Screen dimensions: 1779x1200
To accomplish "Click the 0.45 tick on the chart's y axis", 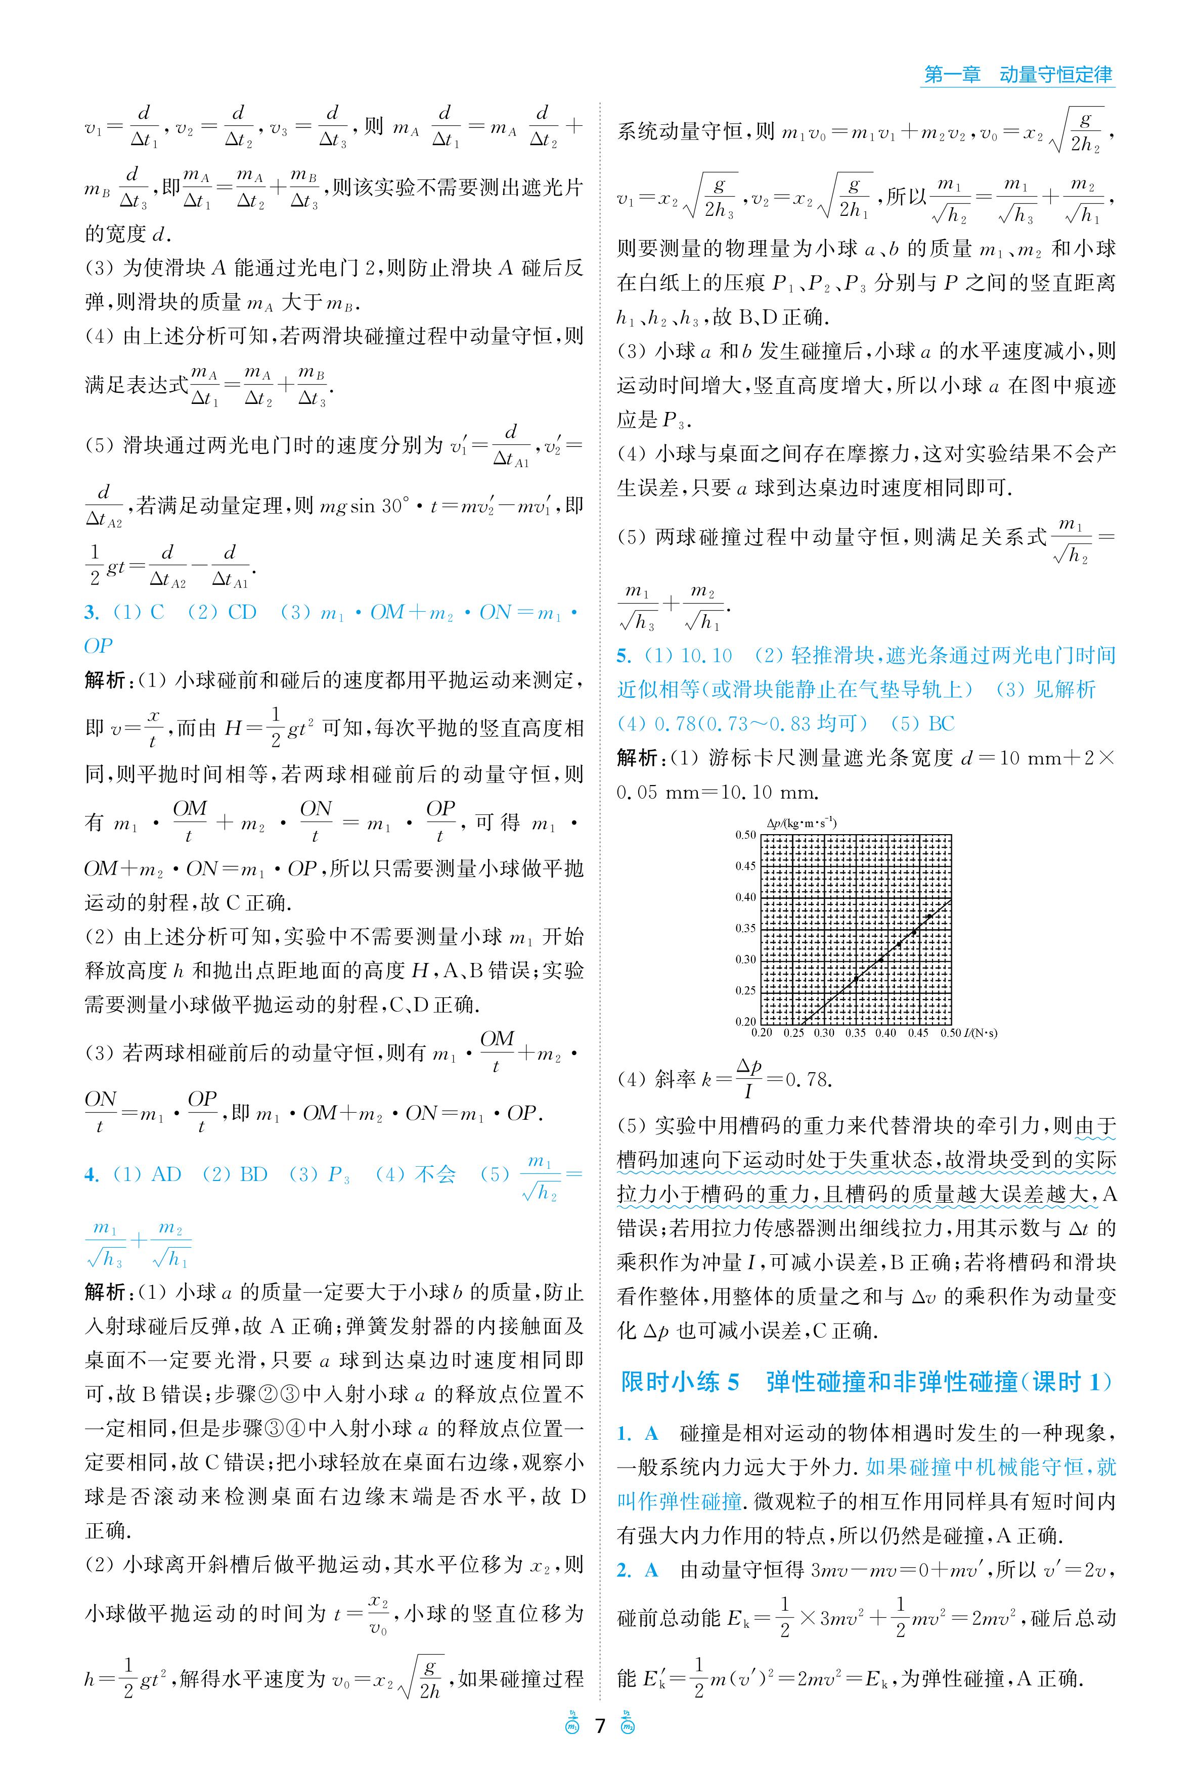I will point(745,866).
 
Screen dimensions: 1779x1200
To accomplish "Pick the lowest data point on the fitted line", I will point(856,979).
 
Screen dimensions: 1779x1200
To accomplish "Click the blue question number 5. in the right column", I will point(624,656).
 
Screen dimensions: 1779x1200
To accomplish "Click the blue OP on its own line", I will point(99,647).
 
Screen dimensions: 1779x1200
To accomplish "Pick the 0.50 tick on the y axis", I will point(745,835).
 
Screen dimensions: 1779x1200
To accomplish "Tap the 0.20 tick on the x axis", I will point(762,1033).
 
